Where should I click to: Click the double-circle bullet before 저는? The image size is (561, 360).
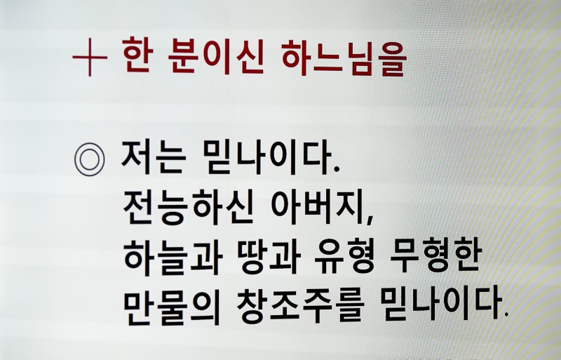click(89, 160)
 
